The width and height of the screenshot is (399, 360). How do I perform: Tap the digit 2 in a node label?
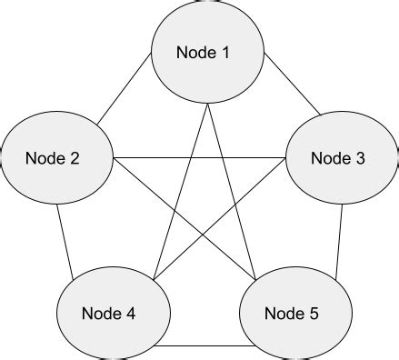coord(75,158)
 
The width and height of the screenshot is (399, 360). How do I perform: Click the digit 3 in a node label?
coord(360,158)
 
